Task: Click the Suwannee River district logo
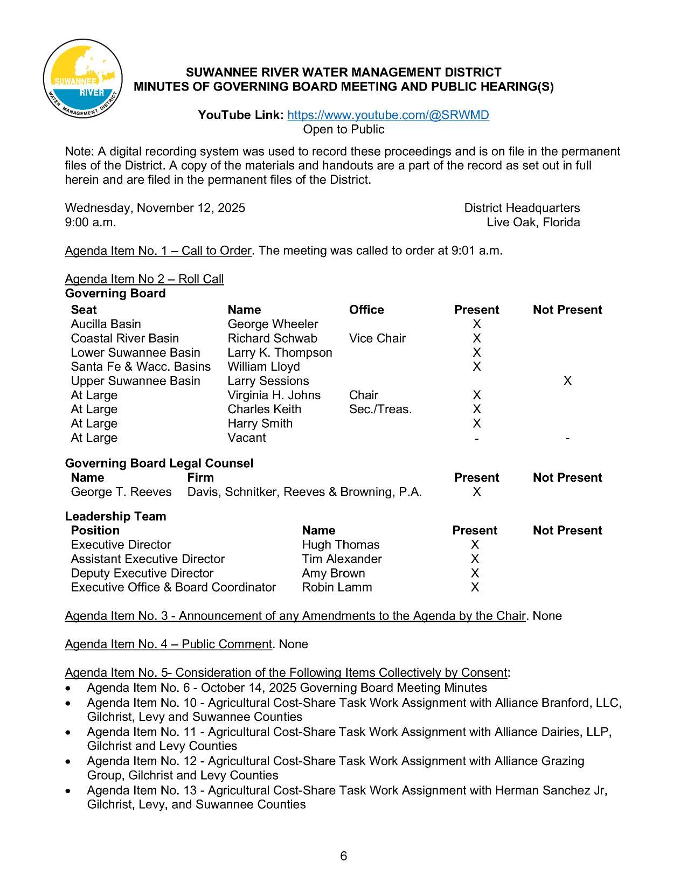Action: pyautogui.click(x=82, y=79)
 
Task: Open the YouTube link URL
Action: pyautogui.click(x=388, y=115)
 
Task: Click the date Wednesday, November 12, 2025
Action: pyautogui.click(x=155, y=208)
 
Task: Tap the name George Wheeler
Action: pyautogui.click(x=273, y=324)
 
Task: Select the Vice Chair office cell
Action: pyautogui.click(x=377, y=338)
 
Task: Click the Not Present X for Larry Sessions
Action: pyautogui.click(x=567, y=381)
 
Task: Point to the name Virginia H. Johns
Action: pyautogui.click(x=274, y=395)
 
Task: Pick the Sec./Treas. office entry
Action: pyautogui.click(x=380, y=409)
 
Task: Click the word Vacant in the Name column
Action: pyautogui.click(x=246, y=437)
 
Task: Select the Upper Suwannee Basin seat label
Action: pyautogui.click(x=135, y=381)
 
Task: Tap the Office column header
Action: pyautogui.click(x=366, y=310)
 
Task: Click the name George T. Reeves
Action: pyautogui.click(x=121, y=492)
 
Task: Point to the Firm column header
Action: pyautogui.click(x=200, y=477)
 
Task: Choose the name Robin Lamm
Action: pyautogui.click(x=337, y=587)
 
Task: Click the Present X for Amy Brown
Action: pyautogui.click(x=475, y=573)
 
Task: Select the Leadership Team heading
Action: pyautogui.click(x=115, y=516)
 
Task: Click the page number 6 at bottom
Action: pyautogui.click(x=344, y=856)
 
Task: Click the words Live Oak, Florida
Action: pyautogui.click(x=533, y=223)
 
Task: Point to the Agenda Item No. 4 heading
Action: pyautogui.click(x=168, y=644)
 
